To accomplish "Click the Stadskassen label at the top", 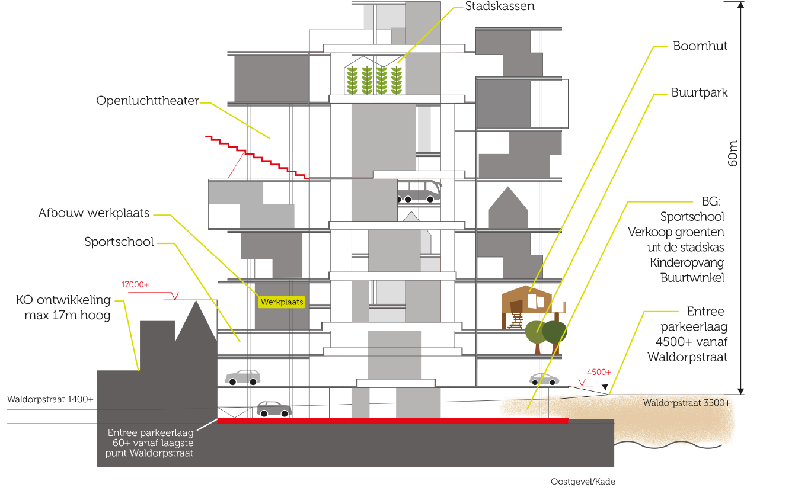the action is coord(499,6).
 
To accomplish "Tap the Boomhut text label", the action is coord(700,46).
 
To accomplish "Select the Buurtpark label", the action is coord(699,92).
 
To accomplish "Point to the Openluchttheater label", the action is coord(147,101).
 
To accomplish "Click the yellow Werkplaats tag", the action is coord(282,302).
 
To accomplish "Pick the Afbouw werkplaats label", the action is coord(94,213).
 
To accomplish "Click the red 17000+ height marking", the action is coord(135,284).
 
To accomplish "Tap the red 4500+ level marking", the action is coord(599,372).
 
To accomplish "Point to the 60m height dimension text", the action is coord(733,153).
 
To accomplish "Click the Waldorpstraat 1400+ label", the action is coord(50,399).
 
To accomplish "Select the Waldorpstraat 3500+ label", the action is coord(687,403).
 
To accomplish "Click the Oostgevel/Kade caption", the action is coord(583,482).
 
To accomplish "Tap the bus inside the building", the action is coord(419,191).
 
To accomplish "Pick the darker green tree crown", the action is coord(554,332).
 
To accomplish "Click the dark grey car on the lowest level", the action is coord(274,409).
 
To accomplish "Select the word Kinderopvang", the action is coord(687,262).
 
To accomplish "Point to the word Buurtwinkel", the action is coord(692,278).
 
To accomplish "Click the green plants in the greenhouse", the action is coord(374,80).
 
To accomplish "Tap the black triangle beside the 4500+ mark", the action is coord(605,387).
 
